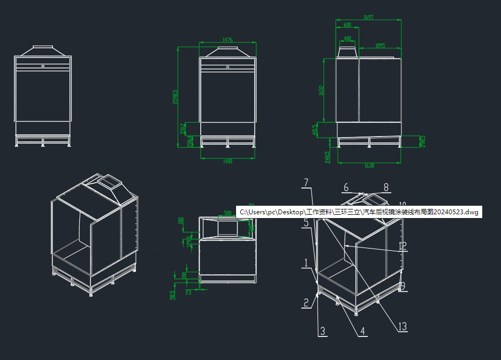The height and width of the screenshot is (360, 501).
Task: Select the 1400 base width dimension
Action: pyautogui.click(x=227, y=161)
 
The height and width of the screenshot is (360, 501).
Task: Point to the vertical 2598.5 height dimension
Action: pyautogui.click(x=176, y=96)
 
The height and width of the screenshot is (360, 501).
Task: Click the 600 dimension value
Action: pyautogui.click(x=347, y=25)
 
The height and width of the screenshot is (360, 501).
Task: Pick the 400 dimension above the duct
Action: pyautogui.click(x=348, y=39)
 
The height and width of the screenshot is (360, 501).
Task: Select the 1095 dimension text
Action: pyautogui.click(x=380, y=46)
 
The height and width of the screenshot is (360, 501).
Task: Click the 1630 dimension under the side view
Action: pyautogui.click(x=369, y=166)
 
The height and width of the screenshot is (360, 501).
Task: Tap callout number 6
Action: pyautogui.click(x=346, y=187)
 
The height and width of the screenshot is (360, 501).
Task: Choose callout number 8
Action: pyautogui.click(x=386, y=187)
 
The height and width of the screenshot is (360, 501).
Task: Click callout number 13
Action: pyautogui.click(x=403, y=326)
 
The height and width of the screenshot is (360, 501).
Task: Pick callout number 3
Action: pyautogui.click(x=322, y=331)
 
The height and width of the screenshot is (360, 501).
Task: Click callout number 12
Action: pyautogui.click(x=403, y=246)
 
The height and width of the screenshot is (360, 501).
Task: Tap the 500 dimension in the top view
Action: pyautogui.click(x=227, y=213)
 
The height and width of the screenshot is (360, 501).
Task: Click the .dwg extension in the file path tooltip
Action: pyautogui.click(x=471, y=212)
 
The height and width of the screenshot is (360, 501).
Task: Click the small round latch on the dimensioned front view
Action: pyautogui.click(x=228, y=67)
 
